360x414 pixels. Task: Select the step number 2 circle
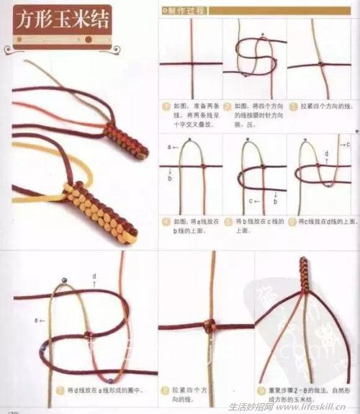228,106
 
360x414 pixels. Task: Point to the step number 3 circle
292,106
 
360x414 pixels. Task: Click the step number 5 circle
228,222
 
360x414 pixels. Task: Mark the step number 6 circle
292,222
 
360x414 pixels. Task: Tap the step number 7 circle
60,390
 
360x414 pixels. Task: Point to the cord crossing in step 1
190,63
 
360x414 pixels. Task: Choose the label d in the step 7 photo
94,276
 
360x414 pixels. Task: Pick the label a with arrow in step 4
171,148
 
